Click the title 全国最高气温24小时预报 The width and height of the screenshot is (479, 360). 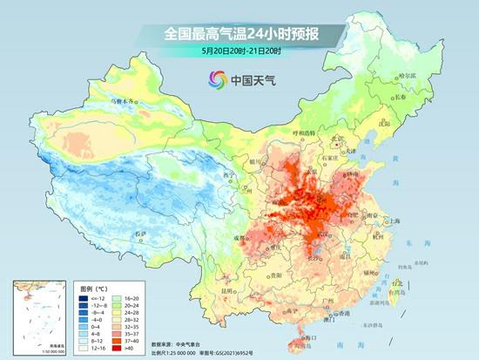(239, 34)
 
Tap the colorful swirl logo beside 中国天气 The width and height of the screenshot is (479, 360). (216, 80)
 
